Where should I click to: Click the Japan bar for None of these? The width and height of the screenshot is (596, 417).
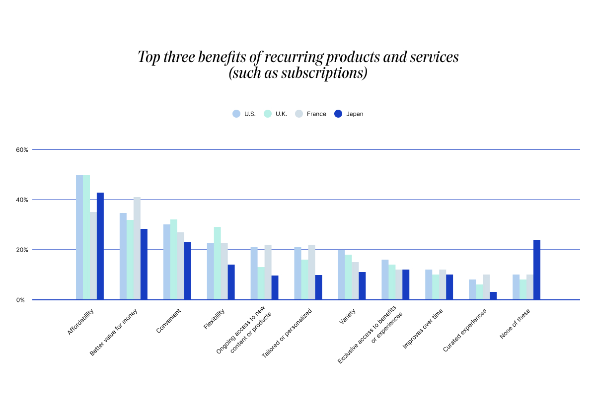pyautogui.click(x=537, y=270)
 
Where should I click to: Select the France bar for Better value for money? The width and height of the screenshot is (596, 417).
pyautogui.click(x=137, y=248)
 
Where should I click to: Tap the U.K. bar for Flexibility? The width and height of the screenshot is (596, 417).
pyautogui.click(x=218, y=263)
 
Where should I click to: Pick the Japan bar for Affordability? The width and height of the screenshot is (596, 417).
pyautogui.click(x=100, y=246)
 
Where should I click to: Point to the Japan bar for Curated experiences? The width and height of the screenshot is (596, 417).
pyautogui.click(x=493, y=296)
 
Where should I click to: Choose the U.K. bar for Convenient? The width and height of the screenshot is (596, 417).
pyautogui.click(x=174, y=260)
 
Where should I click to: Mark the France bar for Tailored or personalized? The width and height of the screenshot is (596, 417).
pyautogui.click(x=312, y=272)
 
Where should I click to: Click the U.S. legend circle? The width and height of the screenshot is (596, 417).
pyautogui.click(x=236, y=114)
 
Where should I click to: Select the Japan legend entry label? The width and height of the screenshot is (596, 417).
pyautogui.click(x=355, y=114)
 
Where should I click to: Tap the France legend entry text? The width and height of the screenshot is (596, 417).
pyautogui.click(x=316, y=114)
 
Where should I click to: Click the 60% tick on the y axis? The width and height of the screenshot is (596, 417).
pyautogui.click(x=22, y=149)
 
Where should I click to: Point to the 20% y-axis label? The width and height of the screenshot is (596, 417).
pyautogui.click(x=22, y=250)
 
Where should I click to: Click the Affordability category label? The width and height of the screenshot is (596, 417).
pyautogui.click(x=81, y=322)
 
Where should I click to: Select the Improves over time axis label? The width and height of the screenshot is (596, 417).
pyautogui.click(x=423, y=328)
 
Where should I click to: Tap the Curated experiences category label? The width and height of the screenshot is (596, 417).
pyautogui.click(x=465, y=331)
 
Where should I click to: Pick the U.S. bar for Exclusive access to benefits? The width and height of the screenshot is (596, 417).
pyautogui.click(x=385, y=279)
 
